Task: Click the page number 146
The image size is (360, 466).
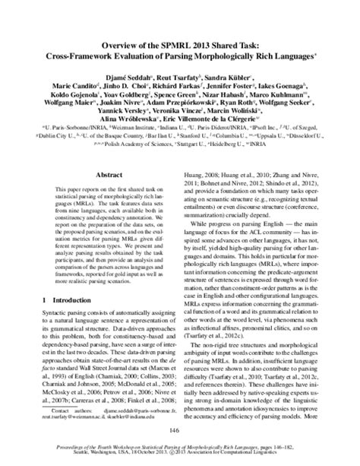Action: [x=180, y=432]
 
